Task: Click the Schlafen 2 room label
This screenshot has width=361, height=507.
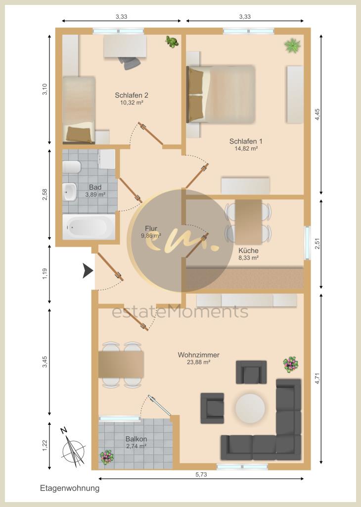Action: (x=132, y=95)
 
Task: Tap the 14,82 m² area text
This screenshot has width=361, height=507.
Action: (x=246, y=148)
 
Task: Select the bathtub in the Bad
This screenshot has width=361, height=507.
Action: (x=89, y=227)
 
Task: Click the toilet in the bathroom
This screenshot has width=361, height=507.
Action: (x=72, y=167)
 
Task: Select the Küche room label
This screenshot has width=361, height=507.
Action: (x=248, y=251)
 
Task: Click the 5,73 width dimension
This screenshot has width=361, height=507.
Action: (x=201, y=474)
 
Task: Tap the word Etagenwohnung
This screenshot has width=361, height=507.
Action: (x=70, y=488)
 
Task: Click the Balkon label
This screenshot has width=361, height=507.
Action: (x=136, y=439)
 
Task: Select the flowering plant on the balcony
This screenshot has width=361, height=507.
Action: (x=106, y=457)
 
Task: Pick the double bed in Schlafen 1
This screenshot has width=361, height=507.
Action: (x=223, y=94)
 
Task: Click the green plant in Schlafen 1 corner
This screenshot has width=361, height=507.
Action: (x=292, y=46)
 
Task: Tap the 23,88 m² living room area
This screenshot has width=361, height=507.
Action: (x=198, y=362)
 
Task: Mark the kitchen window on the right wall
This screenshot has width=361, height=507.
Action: (x=307, y=242)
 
